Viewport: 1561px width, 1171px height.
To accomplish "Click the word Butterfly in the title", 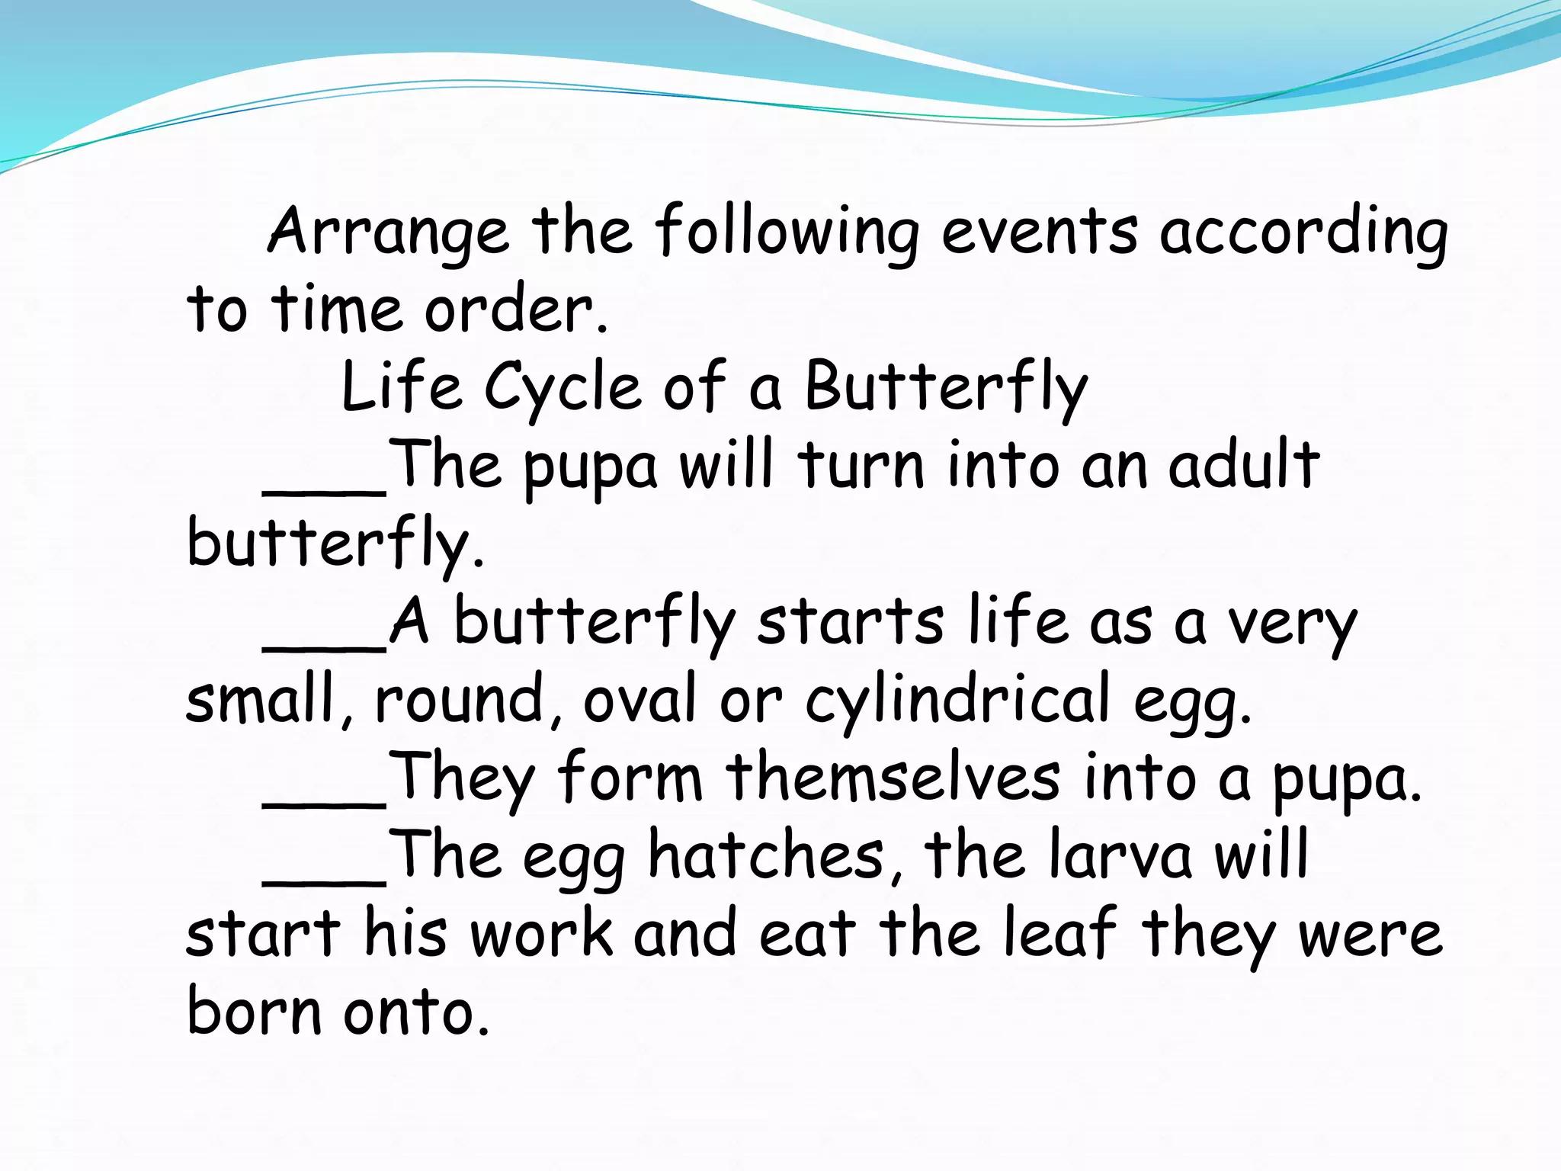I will [946, 387].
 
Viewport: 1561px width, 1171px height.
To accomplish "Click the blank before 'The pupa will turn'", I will [325, 488].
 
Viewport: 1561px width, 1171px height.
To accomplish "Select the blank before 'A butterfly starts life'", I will [325, 644].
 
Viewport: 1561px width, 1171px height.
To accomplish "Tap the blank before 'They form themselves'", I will [325, 800].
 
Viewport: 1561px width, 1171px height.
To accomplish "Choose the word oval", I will [639, 700].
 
